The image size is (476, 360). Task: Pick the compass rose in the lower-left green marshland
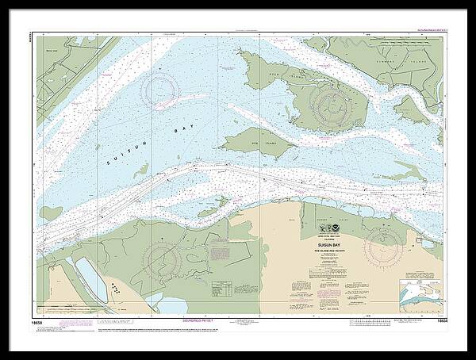coord(163,259)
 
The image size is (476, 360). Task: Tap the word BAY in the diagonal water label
coord(173,126)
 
